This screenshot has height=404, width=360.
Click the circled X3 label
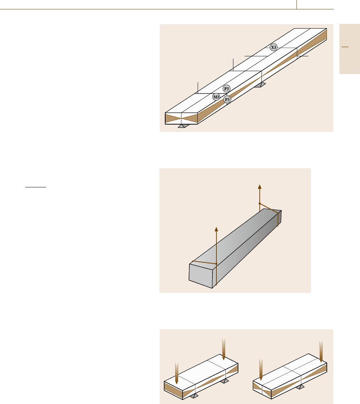[273, 47]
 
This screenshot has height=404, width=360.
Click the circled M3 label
[216, 97]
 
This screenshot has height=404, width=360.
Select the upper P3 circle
[226, 88]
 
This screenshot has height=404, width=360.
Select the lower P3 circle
[227, 99]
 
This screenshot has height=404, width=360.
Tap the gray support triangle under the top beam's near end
[183, 126]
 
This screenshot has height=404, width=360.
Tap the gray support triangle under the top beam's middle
[260, 85]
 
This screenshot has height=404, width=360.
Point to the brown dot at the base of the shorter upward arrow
[216, 264]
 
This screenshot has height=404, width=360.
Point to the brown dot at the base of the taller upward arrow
[260, 204]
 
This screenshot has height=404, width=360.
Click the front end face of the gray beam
[201, 275]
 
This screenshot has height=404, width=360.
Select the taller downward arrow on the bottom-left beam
[224, 349]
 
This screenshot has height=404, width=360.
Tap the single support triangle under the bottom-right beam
[299, 387]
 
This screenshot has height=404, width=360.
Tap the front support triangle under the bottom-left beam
[194, 396]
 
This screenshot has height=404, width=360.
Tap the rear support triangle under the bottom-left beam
[224, 381]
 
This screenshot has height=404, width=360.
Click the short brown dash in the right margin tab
[345, 47]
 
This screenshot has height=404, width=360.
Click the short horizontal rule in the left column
[36, 187]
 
